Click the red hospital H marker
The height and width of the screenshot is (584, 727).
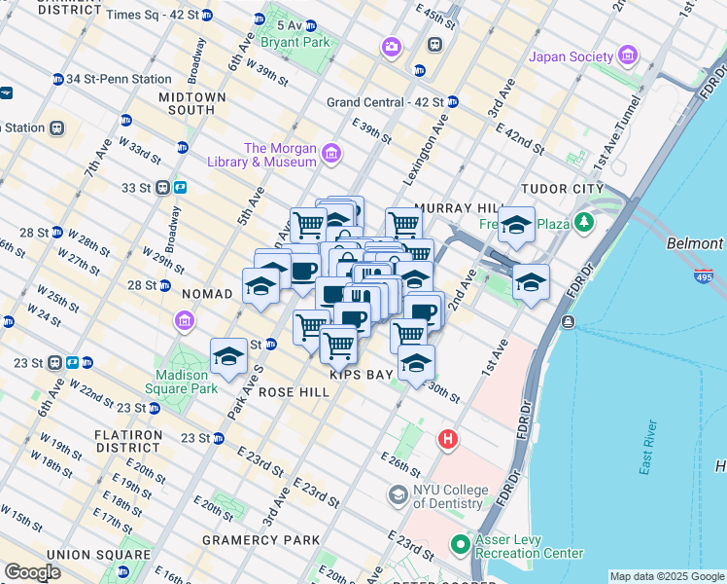pos(447,439)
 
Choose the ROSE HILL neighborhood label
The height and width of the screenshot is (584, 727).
pos(294,390)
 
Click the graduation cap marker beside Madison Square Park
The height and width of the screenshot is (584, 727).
pos(229,356)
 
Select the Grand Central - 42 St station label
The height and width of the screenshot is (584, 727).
pos(385,101)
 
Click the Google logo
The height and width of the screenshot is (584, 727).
pos(32,572)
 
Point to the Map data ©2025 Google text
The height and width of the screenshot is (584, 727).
pos(667,576)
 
